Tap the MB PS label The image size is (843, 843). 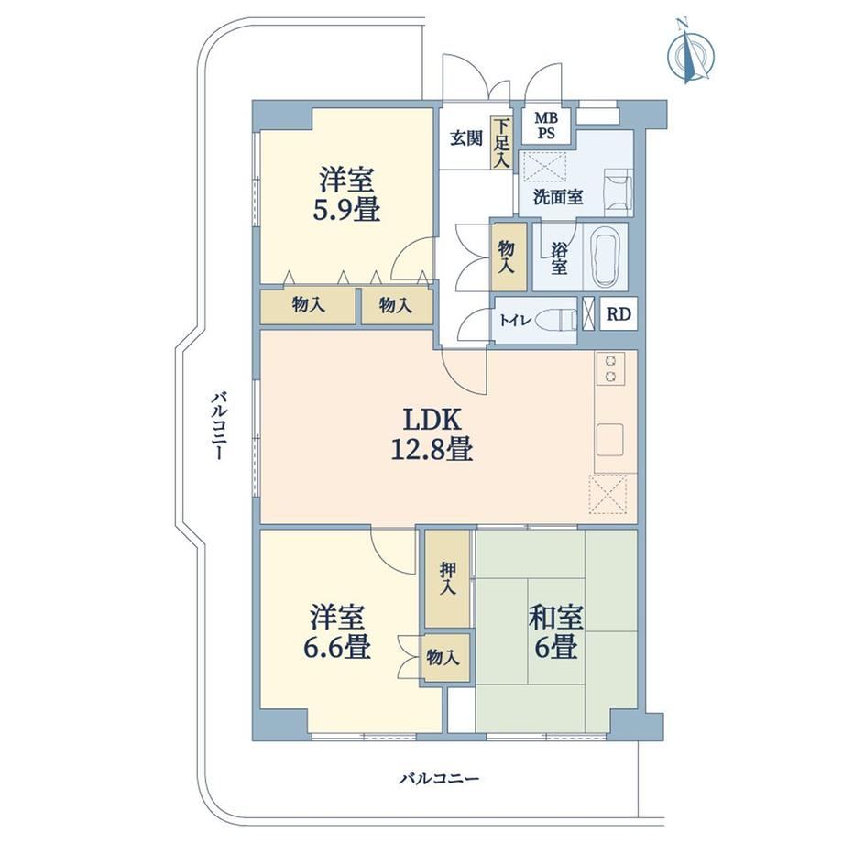tap(546, 126)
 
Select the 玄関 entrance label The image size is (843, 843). tap(465, 138)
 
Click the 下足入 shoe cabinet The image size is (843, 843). tap(501, 142)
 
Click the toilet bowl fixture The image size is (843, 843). tap(559, 321)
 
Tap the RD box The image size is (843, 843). tap(619, 313)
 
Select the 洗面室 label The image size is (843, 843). tap(557, 197)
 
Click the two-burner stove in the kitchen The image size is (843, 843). tap(610, 368)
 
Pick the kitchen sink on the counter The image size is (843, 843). tap(610, 439)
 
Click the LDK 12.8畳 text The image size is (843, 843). tap(432, 434)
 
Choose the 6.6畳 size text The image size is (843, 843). tap(336, 647)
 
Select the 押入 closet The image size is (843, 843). tap(448, 579)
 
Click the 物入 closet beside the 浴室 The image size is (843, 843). tap(508, 257)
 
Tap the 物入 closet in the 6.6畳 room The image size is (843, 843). tap(444, 657)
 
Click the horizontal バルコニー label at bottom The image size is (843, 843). tap(439, 778)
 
